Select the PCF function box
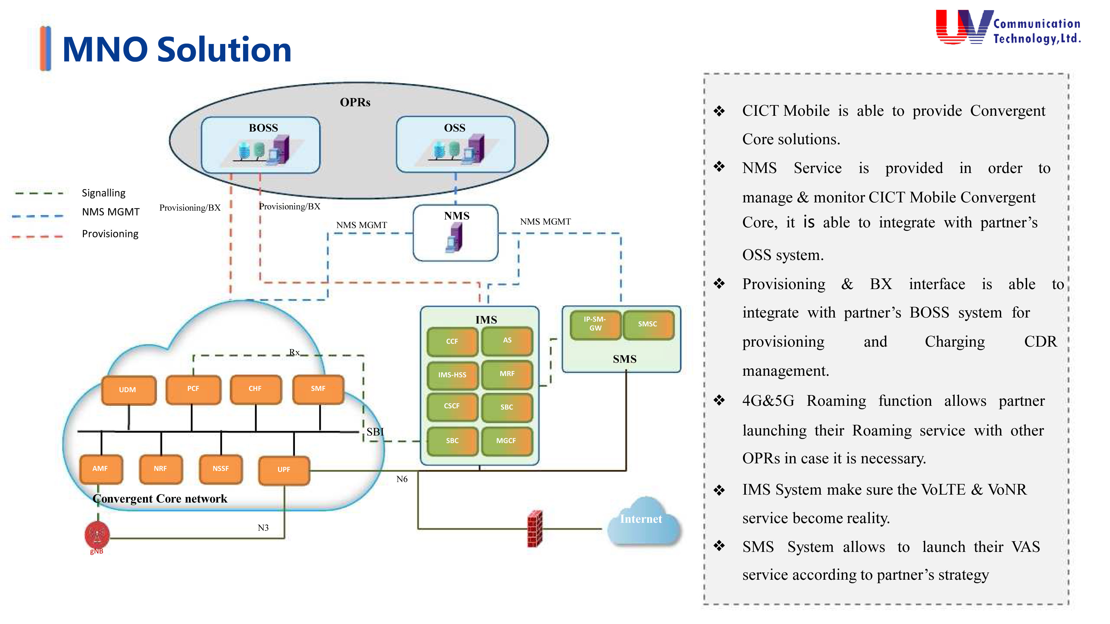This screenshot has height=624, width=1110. click(193, 389)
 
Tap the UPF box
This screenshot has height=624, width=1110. click(284, 470)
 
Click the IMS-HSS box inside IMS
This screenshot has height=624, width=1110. click(452, 375)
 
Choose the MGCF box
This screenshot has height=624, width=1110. click(506, 441)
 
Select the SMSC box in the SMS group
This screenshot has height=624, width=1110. click(648, 324)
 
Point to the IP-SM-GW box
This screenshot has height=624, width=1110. click(595, 324)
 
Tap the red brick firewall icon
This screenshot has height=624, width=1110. click(535, 529)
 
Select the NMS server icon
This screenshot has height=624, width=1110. click(454, 238)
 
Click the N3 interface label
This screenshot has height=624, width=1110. click(263, 528)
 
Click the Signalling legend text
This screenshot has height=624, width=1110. click(104, 193)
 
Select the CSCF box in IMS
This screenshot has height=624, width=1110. click(452, 406)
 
